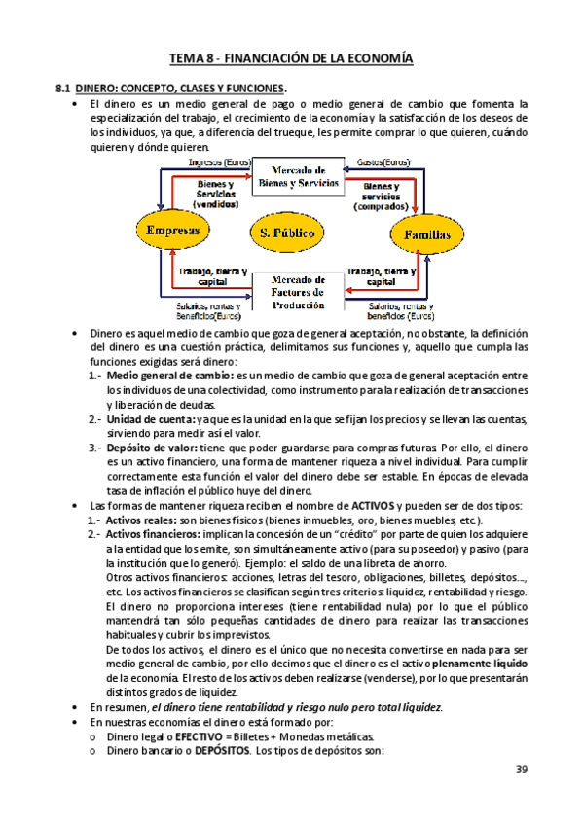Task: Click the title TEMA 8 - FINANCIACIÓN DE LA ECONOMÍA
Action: point(292,59)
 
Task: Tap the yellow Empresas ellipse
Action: point(172,231)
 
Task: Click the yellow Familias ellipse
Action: point(422,233)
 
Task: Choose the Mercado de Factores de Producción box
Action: point(299,289)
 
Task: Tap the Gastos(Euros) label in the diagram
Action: point(383,162)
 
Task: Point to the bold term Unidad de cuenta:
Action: point(152,417)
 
